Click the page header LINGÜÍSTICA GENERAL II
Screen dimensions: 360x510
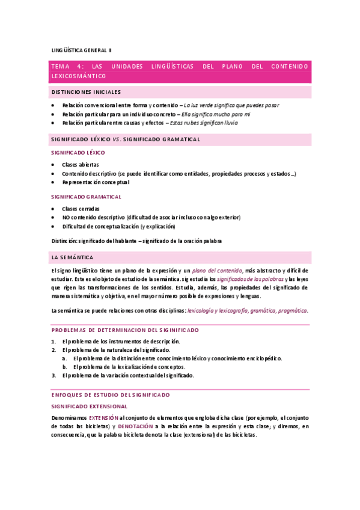tap(81, 50)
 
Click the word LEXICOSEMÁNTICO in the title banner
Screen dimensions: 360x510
tap(79, 76)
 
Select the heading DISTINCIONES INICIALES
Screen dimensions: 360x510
tap(86, 92)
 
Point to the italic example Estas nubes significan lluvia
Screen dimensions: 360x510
tap(204, 123)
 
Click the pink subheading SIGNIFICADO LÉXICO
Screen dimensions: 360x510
tap(78, 153)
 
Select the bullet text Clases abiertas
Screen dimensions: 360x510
tap(81, 164)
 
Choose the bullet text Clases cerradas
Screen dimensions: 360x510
tap(81, 208)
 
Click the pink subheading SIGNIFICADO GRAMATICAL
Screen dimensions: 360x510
tap(87, 197)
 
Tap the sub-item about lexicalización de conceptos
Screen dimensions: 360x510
tap(129, 367)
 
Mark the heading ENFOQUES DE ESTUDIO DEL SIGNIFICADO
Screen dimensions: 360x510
tap(111, 395)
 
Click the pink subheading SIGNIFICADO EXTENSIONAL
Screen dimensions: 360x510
tap(89, 406)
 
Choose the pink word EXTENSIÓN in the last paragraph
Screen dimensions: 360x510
tap(103, 417)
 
